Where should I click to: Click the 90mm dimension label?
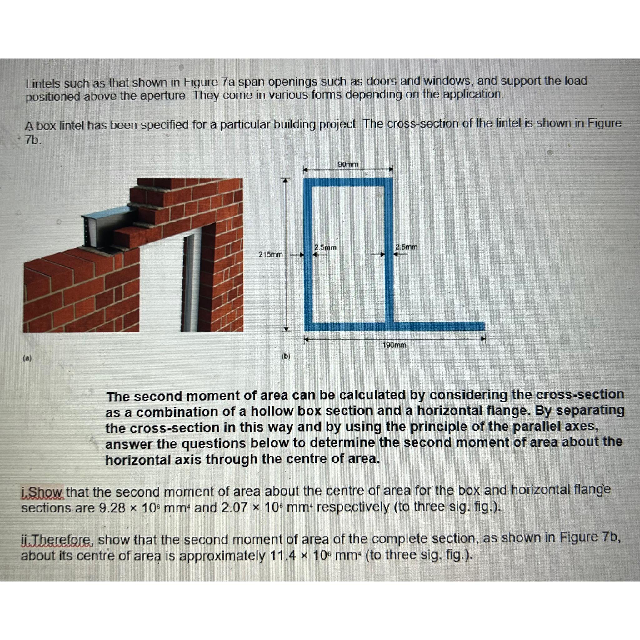pos(348,164)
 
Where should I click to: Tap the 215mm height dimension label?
pos(270,254)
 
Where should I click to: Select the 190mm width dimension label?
pos(394,345)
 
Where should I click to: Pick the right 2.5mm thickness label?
pos(406,247)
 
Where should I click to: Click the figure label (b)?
pos(286,357)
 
